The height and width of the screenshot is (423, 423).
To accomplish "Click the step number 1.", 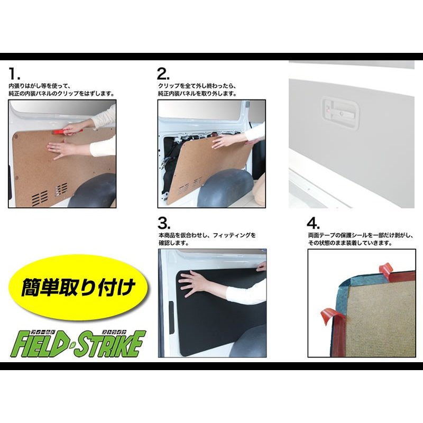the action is (x=14, y=73).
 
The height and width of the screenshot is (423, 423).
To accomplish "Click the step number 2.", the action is (x=163, y=73).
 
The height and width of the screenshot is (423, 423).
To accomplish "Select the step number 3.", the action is (x=164, y=223).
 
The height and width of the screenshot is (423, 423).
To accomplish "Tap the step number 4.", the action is (x=313, y=223).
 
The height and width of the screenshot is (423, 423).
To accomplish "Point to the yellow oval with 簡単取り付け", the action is (x=78, y=287).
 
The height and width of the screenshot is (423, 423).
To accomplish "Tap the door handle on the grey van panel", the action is (x=341, y=112).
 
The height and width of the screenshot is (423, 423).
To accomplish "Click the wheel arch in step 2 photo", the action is (x=226, y=188).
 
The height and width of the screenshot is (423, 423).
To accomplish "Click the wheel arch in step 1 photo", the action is (x=92, y=190).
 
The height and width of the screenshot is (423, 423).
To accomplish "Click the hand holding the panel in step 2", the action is (x=223, y=142).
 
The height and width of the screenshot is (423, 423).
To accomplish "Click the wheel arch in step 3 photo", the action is (x=249, y=342).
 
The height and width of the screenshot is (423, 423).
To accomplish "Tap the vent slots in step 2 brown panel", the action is (x=190, y=186).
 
